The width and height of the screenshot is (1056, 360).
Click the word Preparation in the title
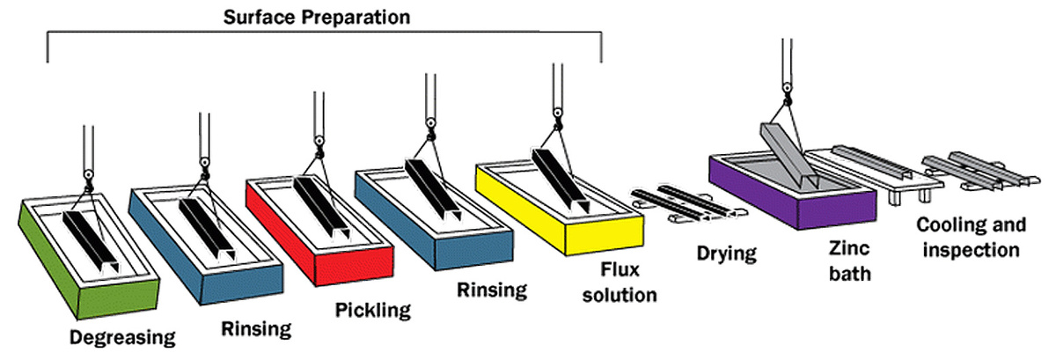[356, 18]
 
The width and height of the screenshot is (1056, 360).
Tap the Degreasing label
[122, 338]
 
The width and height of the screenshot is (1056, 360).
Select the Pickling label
[373, 311]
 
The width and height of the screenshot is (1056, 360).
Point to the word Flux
[620, 269]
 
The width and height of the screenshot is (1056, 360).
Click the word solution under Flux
[620, 295]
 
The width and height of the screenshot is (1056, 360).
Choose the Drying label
[727, 253]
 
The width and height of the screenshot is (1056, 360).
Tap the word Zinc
[849, 248]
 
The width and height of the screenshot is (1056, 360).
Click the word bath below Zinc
[850, 274]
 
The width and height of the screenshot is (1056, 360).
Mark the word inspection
[972, 250]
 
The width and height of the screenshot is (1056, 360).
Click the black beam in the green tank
[91, 240]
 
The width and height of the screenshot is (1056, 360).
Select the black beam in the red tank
[321, 208]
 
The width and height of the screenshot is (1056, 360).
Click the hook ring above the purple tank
[787, 88]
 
